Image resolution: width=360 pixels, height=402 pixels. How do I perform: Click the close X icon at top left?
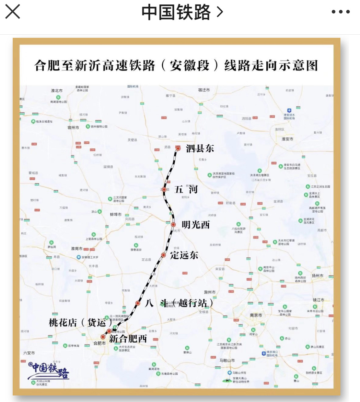(13, 12)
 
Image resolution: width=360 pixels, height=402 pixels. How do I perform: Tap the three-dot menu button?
(340, 12)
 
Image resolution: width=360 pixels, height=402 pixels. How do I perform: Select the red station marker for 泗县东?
(178, 148)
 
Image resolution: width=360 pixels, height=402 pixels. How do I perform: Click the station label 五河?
(186, 189)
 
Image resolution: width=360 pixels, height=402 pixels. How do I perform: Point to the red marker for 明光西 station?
(173, 224)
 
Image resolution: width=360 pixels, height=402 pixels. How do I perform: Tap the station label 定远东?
(184, 255)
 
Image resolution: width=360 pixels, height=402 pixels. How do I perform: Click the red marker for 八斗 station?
(138, 303)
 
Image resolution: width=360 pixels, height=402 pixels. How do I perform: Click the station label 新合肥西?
(128, 339)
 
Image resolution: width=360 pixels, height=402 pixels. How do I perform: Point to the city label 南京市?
(256, 315)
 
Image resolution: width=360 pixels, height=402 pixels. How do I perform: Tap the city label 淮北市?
(57, 91)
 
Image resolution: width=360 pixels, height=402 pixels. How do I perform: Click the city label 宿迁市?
(204, 90)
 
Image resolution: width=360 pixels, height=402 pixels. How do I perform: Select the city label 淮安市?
(287, 139)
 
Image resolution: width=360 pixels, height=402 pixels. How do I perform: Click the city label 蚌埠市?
(116, 214)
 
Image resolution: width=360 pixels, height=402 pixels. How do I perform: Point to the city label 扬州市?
(317, 276)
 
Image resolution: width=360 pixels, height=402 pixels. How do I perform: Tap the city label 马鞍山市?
(227, 360)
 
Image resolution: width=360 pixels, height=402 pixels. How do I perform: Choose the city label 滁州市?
(210, 292)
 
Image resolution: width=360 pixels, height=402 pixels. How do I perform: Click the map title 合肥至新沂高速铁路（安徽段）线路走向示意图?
(176, 66)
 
